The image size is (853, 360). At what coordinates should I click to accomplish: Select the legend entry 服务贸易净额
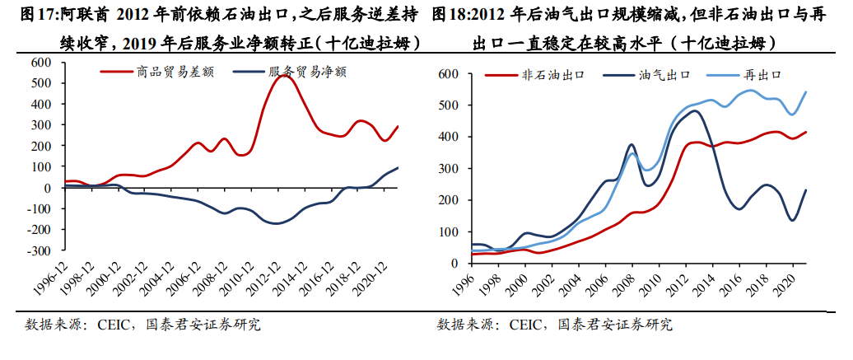pyautogui.click(x=307, y=72)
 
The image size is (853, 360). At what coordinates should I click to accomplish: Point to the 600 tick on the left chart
pyautogui.click(x=40, y=63)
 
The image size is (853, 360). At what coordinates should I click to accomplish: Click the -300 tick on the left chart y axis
pyautogui.click(x=37, y=250)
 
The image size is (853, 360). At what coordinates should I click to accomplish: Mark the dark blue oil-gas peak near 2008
pyautogui.click(x=631, y=145)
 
